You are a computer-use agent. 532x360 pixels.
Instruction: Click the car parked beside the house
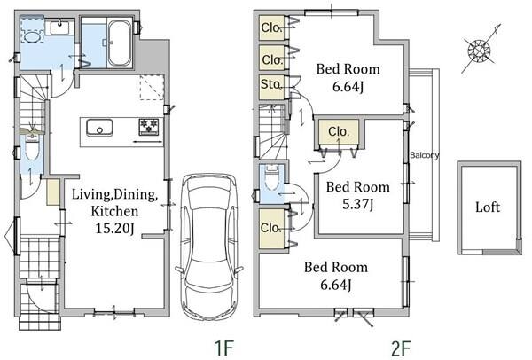pyautogui.click(x=209, y=247)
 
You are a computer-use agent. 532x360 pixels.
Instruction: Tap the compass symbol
pyautogui.click(x=480, y=50)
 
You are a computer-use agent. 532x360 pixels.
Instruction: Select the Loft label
pyautogui.click(x=488, y=207)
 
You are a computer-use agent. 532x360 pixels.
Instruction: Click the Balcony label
pyautogui.click(x=424, y=155)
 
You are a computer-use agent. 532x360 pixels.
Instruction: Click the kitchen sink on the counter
pyautogui.click(x=99, y=128)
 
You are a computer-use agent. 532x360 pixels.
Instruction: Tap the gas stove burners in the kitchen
pyautogui.click(x=149, y=126)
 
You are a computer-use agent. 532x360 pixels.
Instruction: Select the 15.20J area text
pyautogui.click(x=114, y=228)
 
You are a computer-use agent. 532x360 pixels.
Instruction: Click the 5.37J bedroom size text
pyautogui.click(x=358, y=204)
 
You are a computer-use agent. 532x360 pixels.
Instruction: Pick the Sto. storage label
pyautogui.click(x=271, y=84)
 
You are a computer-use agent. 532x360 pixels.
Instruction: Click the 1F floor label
pyautogui.click(x=224, y=348)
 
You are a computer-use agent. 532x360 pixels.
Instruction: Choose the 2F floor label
pyautogui.click(x=401, y=348)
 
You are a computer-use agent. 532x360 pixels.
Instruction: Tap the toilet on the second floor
pyautogui.click(x=271, y=177)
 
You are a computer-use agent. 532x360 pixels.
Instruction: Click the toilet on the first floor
pyautogui.click(x=32, y=148)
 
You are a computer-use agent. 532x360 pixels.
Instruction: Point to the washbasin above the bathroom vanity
pyautogui.click(x=60, y=27)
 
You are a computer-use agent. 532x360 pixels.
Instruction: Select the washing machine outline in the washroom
pyautogui.click(x=32, y=29)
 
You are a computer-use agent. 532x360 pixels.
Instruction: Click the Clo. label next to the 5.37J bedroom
pyautogui.click(x=339, y=131)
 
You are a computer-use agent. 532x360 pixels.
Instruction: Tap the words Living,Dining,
pyautogui.click(x=114, y=194)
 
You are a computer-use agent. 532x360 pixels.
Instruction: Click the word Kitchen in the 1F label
pyautogui.click(x=114, y=211)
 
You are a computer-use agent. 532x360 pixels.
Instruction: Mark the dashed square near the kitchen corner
pyautogui.click(x=152, y=87)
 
